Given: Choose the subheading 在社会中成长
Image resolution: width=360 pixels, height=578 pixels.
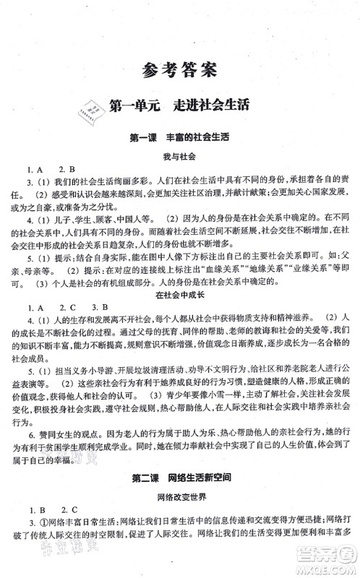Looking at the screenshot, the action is coord(179,295).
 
